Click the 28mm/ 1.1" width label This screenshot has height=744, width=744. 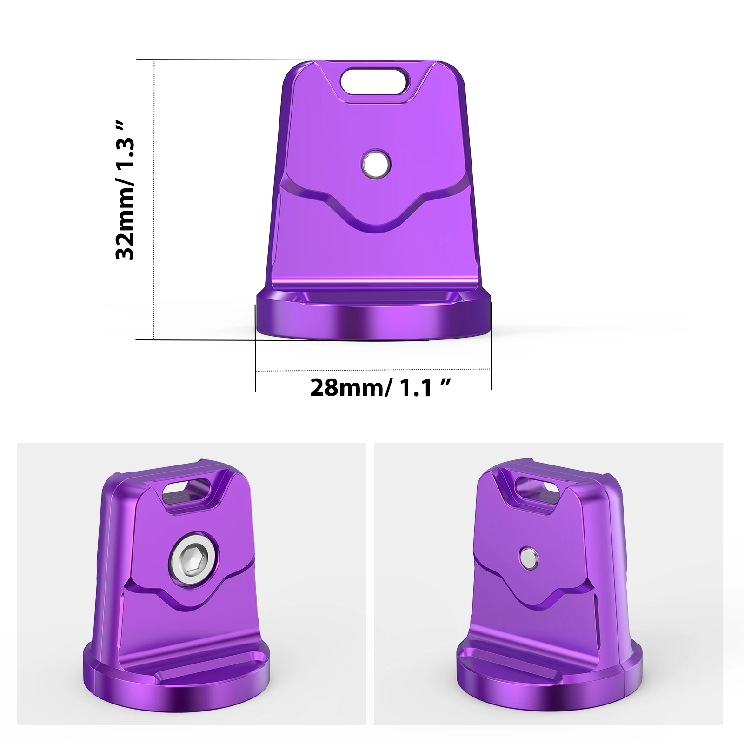coord(380,387)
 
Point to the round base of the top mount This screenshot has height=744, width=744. coord(373,324)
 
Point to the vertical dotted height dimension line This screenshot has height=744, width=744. coord(153,200)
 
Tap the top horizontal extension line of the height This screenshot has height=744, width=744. coord(265,60)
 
